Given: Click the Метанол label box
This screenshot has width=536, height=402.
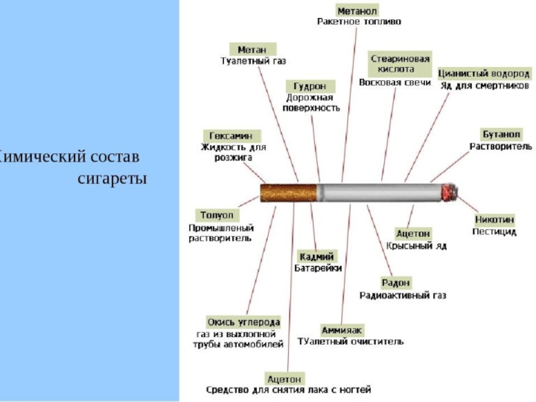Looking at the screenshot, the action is (357, 11).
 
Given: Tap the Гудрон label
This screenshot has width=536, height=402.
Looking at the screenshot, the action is (310, 86).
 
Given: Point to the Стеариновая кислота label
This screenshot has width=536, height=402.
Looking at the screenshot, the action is (401, 64).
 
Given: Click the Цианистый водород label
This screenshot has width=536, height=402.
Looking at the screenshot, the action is (484, 73).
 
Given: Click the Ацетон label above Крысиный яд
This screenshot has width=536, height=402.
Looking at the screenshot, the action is (413, 233).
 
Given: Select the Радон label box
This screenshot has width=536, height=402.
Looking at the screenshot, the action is (396, 283).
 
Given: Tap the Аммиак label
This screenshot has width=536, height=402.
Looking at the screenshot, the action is (342, 330).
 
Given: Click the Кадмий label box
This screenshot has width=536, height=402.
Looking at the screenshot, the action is (318, 256).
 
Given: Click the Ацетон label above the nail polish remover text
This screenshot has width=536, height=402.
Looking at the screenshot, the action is (285, 378).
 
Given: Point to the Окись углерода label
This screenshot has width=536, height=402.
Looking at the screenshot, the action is (243, 322).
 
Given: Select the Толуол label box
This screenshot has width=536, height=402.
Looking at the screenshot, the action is (217, 215).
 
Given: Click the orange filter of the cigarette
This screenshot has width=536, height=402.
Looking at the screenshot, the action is (288, 193).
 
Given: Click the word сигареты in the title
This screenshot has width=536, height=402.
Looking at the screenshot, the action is (112, 179).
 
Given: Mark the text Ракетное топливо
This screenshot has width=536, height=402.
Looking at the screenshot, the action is (359, 21).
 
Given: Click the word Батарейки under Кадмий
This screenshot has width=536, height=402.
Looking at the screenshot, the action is (318, 268).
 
